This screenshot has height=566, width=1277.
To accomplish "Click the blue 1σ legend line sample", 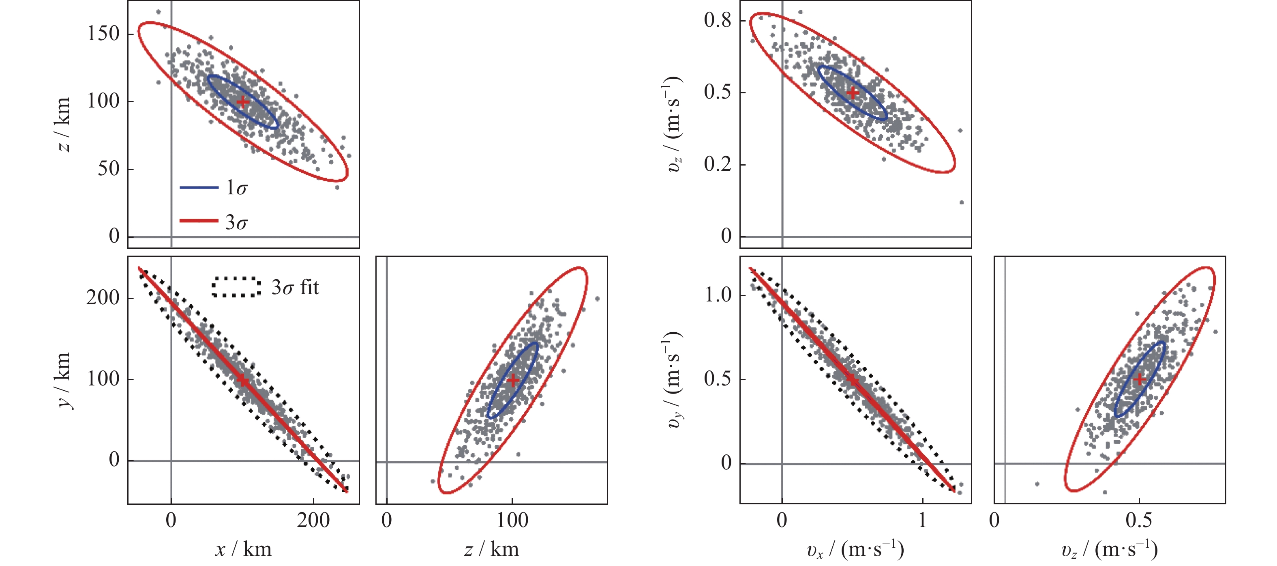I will [x=199, y=187].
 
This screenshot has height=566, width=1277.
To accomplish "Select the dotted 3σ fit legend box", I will [x=236, y=287].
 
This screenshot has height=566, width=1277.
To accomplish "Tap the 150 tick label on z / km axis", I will [x=103, y=34].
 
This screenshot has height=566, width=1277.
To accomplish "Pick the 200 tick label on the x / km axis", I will [x=313, y=521].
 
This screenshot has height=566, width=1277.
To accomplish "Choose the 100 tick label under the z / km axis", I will [x=512, y=521].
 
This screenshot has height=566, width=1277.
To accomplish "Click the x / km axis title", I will [x=243, y=549].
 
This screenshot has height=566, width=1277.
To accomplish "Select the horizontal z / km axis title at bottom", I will [x=491, y=549].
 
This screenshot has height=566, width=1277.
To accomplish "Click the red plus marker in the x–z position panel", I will [x=242, y=102].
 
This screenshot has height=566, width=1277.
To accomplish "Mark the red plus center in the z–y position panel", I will [x=512, y=380].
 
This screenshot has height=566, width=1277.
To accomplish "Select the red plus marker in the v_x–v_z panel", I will [x=853, y=93].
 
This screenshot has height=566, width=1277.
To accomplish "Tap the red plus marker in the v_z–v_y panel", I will [x=1139, y=379].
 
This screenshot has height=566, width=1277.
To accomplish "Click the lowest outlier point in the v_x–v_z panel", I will [x=962, y=202].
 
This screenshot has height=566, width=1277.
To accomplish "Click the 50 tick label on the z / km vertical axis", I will [x=109, y=169].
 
